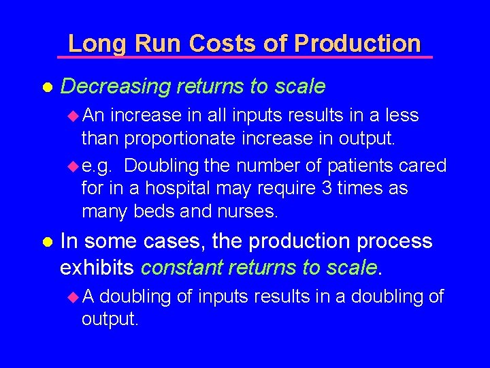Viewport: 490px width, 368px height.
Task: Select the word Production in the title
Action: (358, 44)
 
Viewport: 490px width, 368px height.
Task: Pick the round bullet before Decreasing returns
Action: (48, 87)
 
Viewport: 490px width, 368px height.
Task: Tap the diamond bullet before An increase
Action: (74, 115)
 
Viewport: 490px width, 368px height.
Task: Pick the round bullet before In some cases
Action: (48, 242)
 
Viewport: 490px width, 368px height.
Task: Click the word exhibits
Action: (97, 268)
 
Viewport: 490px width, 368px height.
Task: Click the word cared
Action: (421, 165)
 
